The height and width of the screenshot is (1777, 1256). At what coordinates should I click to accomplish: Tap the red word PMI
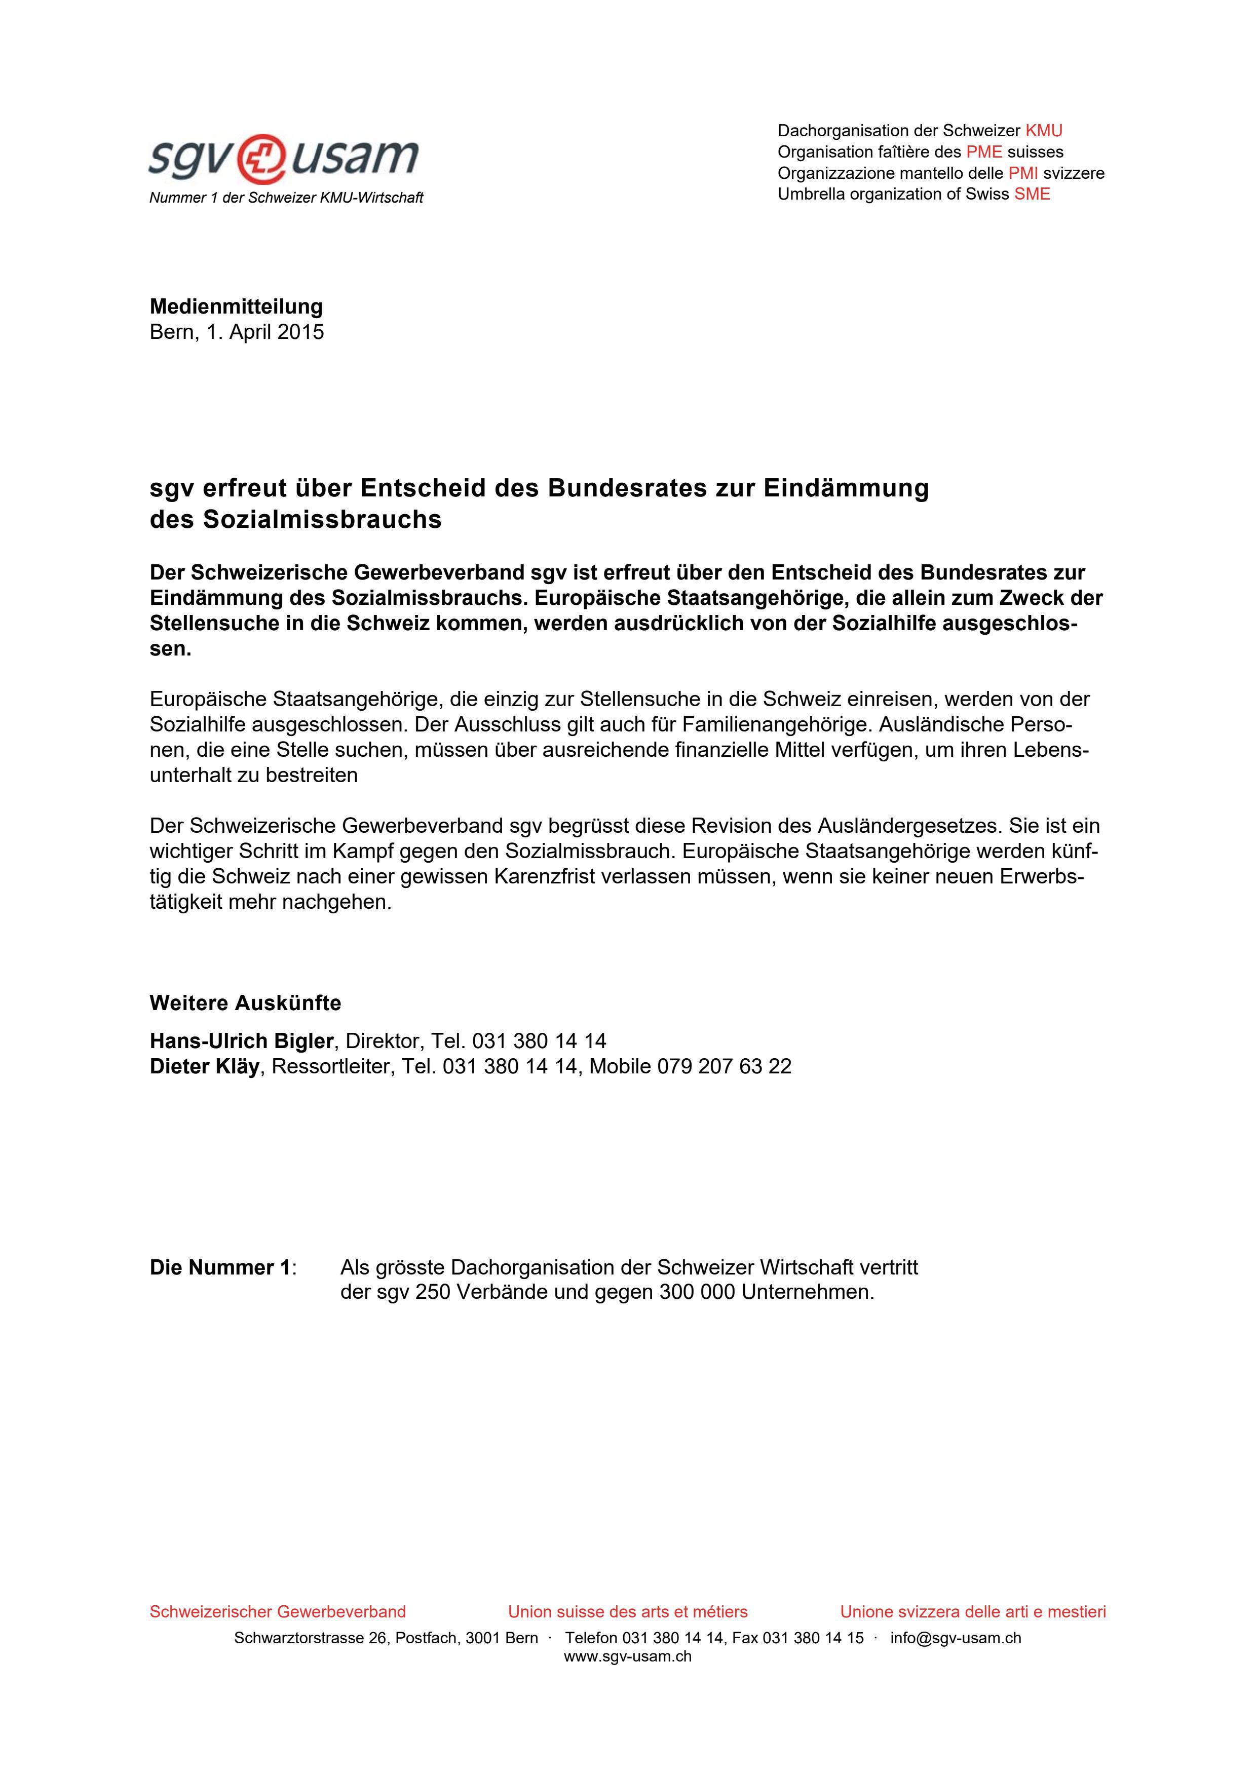point(1022,173)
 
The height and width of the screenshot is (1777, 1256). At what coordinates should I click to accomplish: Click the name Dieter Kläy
point(204,1066)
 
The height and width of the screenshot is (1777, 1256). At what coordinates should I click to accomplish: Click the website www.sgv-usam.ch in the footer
point(628,1657)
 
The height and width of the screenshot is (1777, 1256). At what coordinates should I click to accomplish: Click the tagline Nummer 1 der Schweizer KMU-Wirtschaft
point(286,198)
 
